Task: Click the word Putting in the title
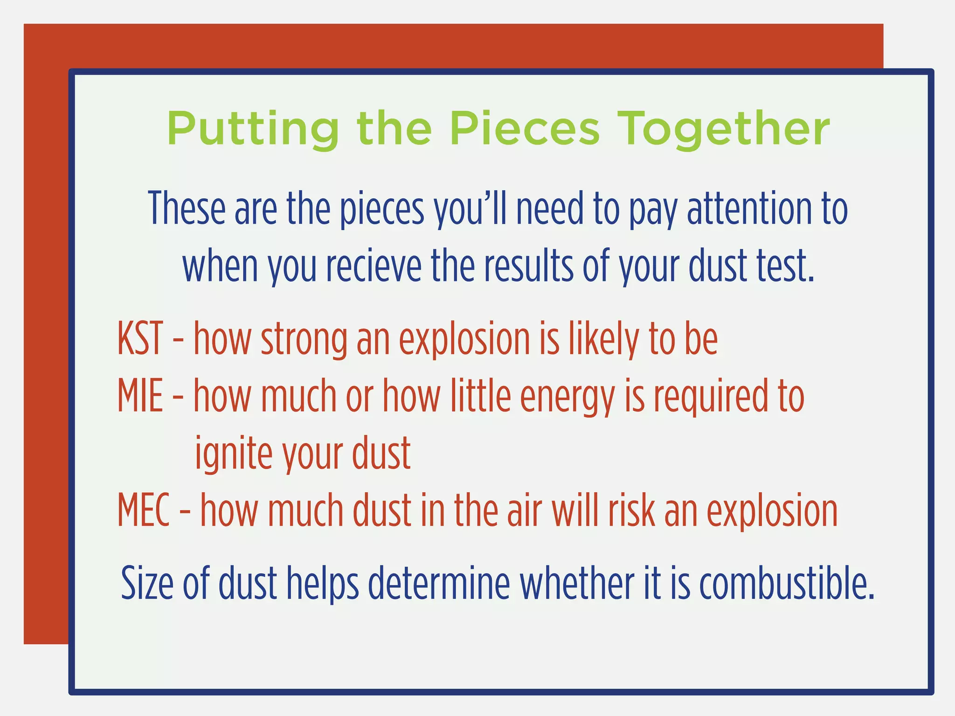253,129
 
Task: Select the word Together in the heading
724,129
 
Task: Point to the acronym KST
140,338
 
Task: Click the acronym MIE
140,396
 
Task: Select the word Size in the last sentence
147,583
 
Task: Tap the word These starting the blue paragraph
187,208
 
